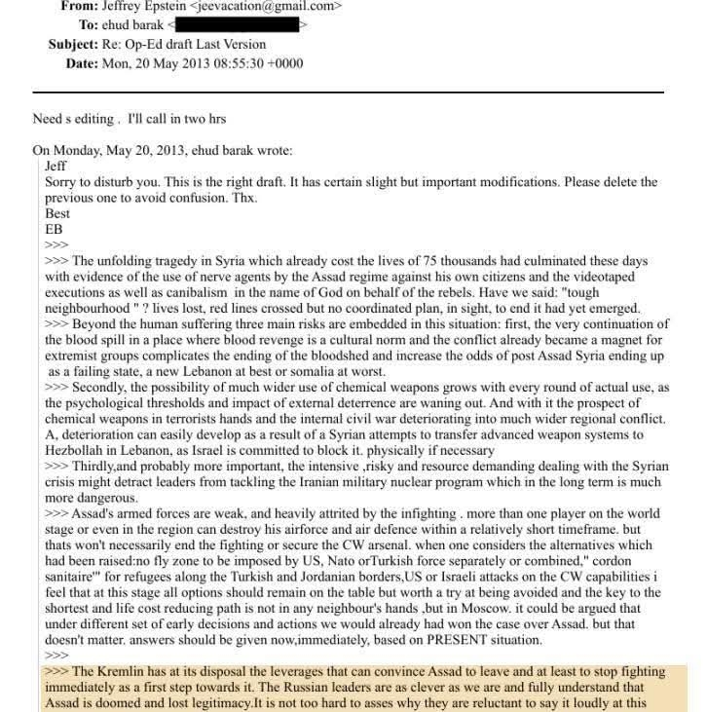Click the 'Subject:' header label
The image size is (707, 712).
tap(76, 45)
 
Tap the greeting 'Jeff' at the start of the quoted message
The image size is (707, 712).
tap(56, 167)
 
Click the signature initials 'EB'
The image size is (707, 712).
tap(54, 229)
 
